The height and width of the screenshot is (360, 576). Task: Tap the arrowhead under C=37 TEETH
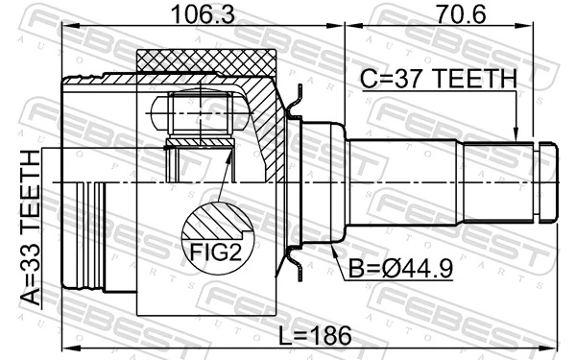(516, 135)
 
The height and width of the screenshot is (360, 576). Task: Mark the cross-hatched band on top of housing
(206, 61)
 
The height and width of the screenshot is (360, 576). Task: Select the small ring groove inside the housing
(200, 144)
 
